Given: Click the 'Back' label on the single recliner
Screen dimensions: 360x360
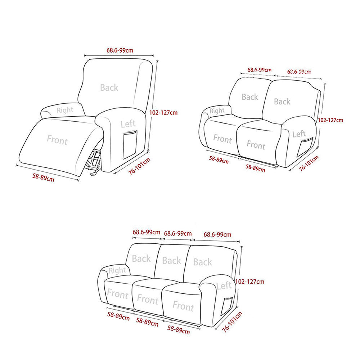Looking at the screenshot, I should click(x=109, y=87).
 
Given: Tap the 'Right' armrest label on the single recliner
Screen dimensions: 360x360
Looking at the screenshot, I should click(x=65, y=110).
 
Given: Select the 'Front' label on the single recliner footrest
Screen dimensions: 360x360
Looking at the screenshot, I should click(x=57, y=140).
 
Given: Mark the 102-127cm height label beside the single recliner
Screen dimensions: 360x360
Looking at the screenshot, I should click(x=163, y=113).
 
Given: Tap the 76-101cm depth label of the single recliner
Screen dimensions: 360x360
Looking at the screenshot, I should click(x=139, y=166).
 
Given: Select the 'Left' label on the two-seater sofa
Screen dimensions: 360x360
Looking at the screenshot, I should click(x=299, y=134).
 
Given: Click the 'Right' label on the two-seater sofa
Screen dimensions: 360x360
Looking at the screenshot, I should click(x=217, y=111).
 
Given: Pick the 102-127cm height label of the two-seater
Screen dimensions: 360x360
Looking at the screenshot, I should click(x=330, y=120).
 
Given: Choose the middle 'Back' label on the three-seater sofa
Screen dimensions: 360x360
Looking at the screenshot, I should click(x=171, y=260).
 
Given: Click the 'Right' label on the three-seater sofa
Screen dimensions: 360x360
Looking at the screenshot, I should click(x=117, y=270).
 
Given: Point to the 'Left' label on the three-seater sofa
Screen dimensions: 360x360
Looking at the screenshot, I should click(x=224, y=286).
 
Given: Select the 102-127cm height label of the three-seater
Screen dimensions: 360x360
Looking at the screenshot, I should click(x=250, y=282).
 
